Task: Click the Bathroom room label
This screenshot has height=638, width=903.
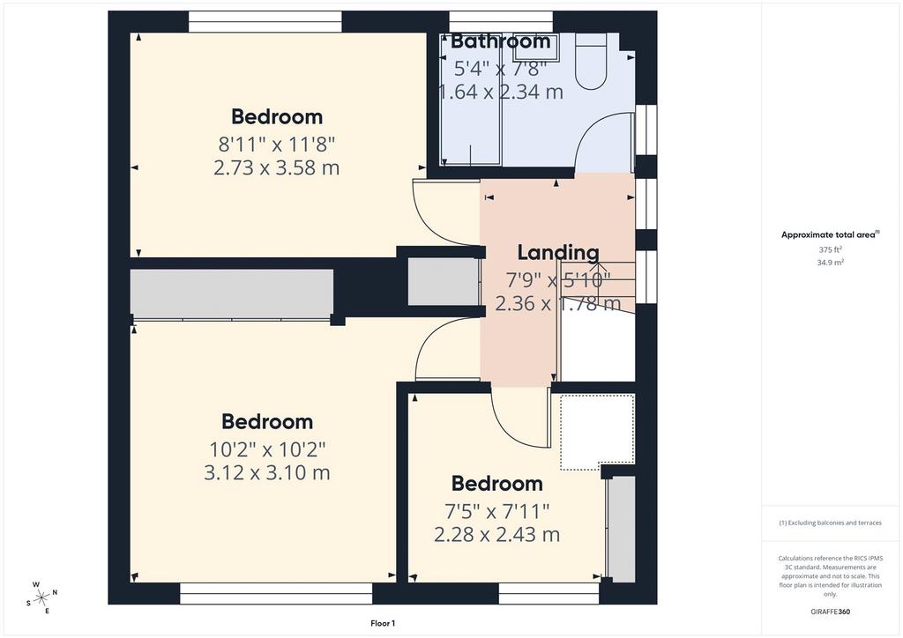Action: (501, 41)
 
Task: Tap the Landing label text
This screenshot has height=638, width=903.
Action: (558, 253)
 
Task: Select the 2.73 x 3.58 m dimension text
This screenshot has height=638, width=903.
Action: (276, 168)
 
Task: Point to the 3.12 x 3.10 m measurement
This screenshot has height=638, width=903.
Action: (267, 473)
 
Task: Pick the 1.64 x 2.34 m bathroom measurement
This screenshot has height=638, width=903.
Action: (501, 92)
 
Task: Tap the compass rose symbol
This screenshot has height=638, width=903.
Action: (41, 598)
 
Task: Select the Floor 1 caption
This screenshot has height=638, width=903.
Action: (383, 623)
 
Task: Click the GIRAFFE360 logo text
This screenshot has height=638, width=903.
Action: (830, 612)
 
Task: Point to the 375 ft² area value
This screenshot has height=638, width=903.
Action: (830, 249)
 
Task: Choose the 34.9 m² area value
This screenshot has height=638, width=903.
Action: (830, 263)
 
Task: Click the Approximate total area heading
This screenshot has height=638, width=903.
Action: (830, 234)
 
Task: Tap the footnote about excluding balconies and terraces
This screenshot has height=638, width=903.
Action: (830, 523)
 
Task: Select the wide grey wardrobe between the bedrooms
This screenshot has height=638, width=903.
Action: (232, 293)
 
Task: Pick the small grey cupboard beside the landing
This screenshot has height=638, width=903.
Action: (444, 282)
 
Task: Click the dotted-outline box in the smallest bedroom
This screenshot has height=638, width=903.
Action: (598, 432)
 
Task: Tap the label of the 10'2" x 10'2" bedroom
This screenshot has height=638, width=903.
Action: (267, 422)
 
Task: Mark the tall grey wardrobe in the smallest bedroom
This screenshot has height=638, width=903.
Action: (622, 529)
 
